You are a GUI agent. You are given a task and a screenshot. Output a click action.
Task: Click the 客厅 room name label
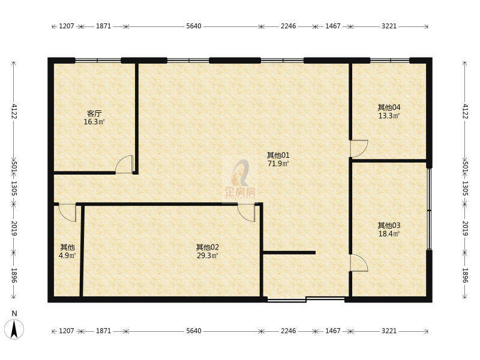pos(94,113)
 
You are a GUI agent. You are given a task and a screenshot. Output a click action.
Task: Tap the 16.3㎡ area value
pos(94,122)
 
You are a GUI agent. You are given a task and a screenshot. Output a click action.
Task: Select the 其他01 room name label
pos(278,155)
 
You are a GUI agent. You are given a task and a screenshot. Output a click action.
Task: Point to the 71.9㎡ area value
pos(278,163)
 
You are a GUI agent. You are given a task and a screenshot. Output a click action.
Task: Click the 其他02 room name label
pos(207,247)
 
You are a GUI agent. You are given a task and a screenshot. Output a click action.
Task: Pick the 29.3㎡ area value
pos(207,256)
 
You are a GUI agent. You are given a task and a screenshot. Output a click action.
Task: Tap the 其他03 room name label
pos(389,226)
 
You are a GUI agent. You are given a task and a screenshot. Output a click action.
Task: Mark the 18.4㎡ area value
pos(389,234)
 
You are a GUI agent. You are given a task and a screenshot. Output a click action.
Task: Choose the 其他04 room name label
pos(389,107)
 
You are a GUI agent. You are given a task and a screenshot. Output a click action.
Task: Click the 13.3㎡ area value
pos(389,116)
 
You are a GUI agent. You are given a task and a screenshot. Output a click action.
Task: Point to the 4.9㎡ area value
pos(67,256)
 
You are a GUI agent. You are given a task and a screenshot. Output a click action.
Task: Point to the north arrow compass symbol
pos(14,329)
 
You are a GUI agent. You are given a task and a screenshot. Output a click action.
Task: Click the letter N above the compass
pos(14,313)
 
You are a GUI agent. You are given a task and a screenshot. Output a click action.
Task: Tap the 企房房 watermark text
pos(241,192)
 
